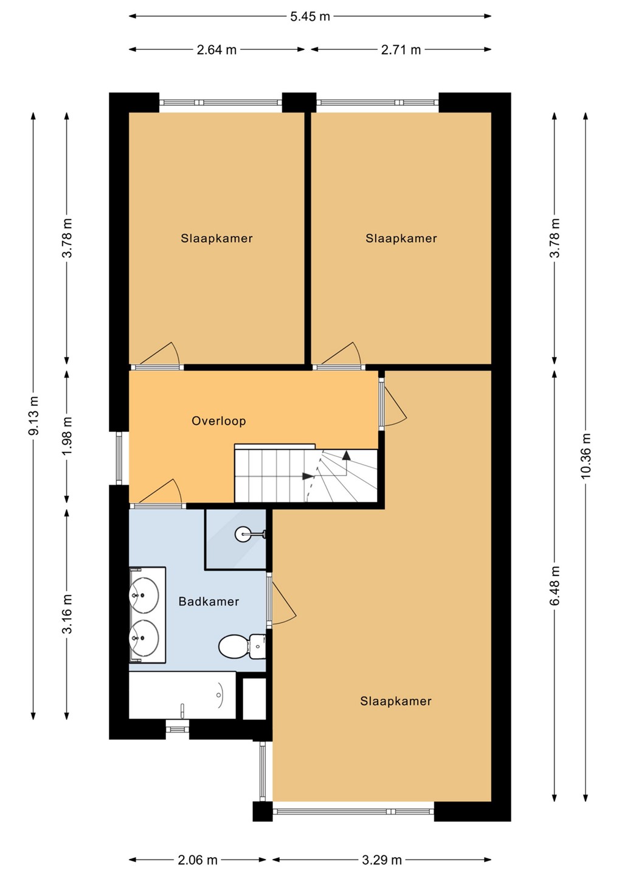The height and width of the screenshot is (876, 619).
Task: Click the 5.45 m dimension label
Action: pos(310,16)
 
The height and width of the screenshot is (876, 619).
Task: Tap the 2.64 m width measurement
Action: pos(216,50)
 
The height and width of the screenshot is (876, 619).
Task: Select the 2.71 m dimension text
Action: pos(401,50)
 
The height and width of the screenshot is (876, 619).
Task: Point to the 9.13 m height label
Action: pos(34,415)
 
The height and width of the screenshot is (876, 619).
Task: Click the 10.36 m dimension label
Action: pos(586,456)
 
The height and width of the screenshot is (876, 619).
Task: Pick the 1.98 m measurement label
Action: pos(67,436)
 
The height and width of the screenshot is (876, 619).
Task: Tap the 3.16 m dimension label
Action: pos(67,613)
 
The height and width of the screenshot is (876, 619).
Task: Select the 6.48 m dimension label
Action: pos(555,585)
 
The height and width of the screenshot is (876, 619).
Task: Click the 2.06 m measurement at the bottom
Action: pos(198,860)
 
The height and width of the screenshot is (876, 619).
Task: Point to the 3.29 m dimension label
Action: pos(381,860)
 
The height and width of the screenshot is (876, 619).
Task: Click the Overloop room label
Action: pos(219,421)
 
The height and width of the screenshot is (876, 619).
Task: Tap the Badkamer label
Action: pos(209,601)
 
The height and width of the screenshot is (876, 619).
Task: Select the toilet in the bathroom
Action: pos(242,647)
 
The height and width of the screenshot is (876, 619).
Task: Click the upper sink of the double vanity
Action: pos(144,594)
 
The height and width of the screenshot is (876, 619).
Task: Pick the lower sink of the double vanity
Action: pos(144,638)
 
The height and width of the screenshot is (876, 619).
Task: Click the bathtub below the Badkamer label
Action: pos(182,695)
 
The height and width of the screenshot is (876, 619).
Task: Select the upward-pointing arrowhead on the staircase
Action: pos(346,455)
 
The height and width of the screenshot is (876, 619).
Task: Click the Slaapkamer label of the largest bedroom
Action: pos(396,701)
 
